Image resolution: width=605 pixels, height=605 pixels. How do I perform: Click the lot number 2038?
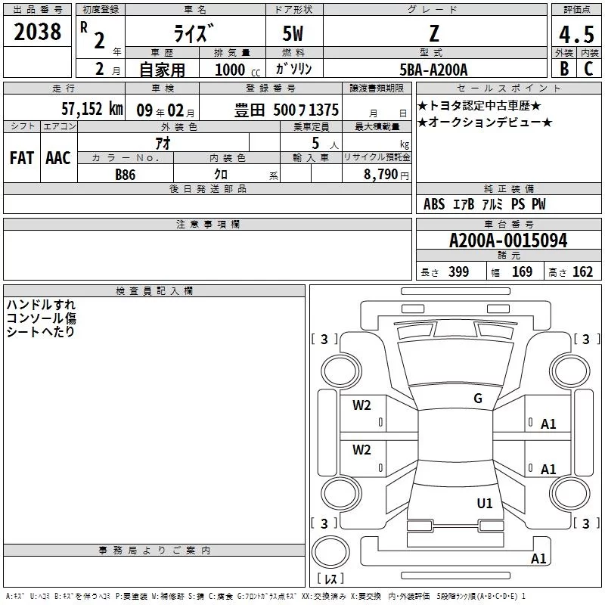[x=37, y=32]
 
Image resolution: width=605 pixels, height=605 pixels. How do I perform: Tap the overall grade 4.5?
[x=576, y=34]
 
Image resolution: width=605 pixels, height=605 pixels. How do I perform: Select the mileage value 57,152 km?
[x=92, y=109]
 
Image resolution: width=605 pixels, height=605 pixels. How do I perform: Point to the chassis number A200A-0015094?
[x=508, y=240]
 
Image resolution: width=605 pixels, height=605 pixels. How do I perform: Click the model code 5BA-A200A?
[x=433, y=70]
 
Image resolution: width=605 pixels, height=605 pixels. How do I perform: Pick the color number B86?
[x=126, y=175]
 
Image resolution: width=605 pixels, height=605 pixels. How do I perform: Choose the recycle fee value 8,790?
[x=380, y=174]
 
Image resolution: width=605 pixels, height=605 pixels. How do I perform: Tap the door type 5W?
[x=293, y=33]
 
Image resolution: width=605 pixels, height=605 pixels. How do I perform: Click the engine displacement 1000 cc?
[x=237, y=70]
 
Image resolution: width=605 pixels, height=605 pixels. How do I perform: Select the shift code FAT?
[x=22, y=158]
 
